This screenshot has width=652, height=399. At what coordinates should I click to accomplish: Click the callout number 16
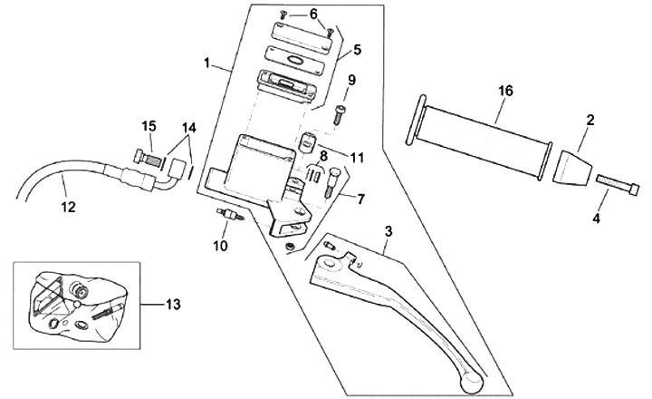click(x=505, y=91)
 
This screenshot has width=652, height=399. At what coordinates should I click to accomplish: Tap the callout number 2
click(x=590, y=120)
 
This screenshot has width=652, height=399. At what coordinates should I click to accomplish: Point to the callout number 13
click(x=172, y=304)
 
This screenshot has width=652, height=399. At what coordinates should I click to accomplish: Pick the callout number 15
click(x=149, y=125)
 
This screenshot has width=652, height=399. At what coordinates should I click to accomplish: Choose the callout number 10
click(x=218, y=246)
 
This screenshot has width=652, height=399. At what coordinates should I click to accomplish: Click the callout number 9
click(x=351, y=80)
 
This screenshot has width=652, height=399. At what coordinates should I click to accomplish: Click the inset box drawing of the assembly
click(x=77, y=304)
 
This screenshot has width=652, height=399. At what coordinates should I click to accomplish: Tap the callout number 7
click(x=360, y=199)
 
